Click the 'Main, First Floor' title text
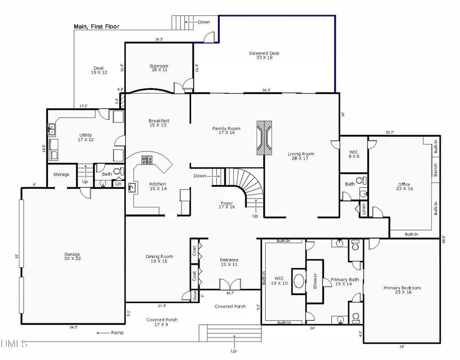97,27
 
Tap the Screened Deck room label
264,55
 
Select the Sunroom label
158,68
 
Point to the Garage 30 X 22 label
72,256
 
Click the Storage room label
61,175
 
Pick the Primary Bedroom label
402,290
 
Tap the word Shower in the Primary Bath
315,279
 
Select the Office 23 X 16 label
404,187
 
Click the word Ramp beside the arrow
117,333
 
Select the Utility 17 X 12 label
85,137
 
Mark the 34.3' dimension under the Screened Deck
266,90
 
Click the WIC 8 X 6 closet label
354,154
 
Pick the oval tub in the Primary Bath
299,281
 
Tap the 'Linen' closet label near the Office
363,208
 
